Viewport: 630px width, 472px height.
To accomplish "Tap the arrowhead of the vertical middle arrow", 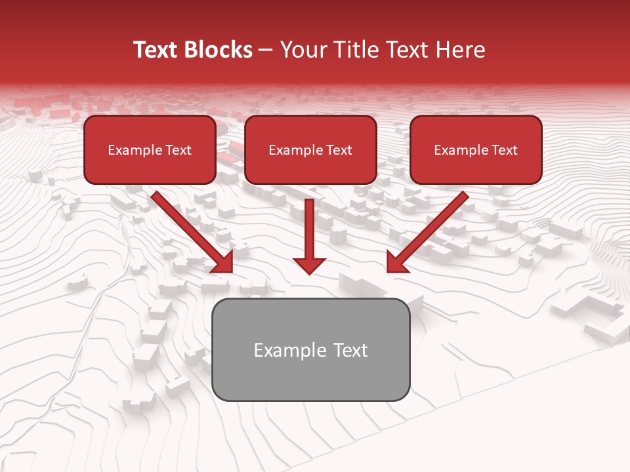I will (309, 265).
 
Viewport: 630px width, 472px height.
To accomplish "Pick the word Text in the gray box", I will (350, 350).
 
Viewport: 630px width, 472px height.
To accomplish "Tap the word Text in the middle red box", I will (339, 150).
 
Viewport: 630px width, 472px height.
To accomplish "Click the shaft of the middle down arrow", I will (309, 226).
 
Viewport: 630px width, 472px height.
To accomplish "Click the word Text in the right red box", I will (504, 150).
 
